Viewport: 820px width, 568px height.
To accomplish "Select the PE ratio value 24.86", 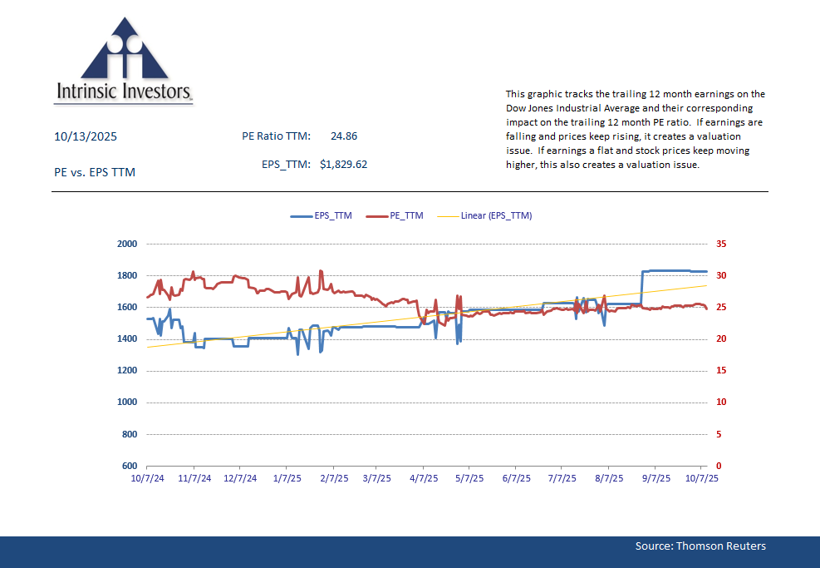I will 344,136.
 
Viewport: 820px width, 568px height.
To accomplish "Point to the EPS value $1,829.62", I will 343,165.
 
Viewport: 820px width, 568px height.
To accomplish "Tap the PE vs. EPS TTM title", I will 94,172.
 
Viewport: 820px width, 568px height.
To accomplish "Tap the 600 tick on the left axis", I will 128,466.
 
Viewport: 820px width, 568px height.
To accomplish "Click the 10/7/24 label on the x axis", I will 147,479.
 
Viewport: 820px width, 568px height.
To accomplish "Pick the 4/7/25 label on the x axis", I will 424,479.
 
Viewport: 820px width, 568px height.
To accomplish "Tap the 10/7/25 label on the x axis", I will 700,479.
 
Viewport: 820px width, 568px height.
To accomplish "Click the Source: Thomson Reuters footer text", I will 700,546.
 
